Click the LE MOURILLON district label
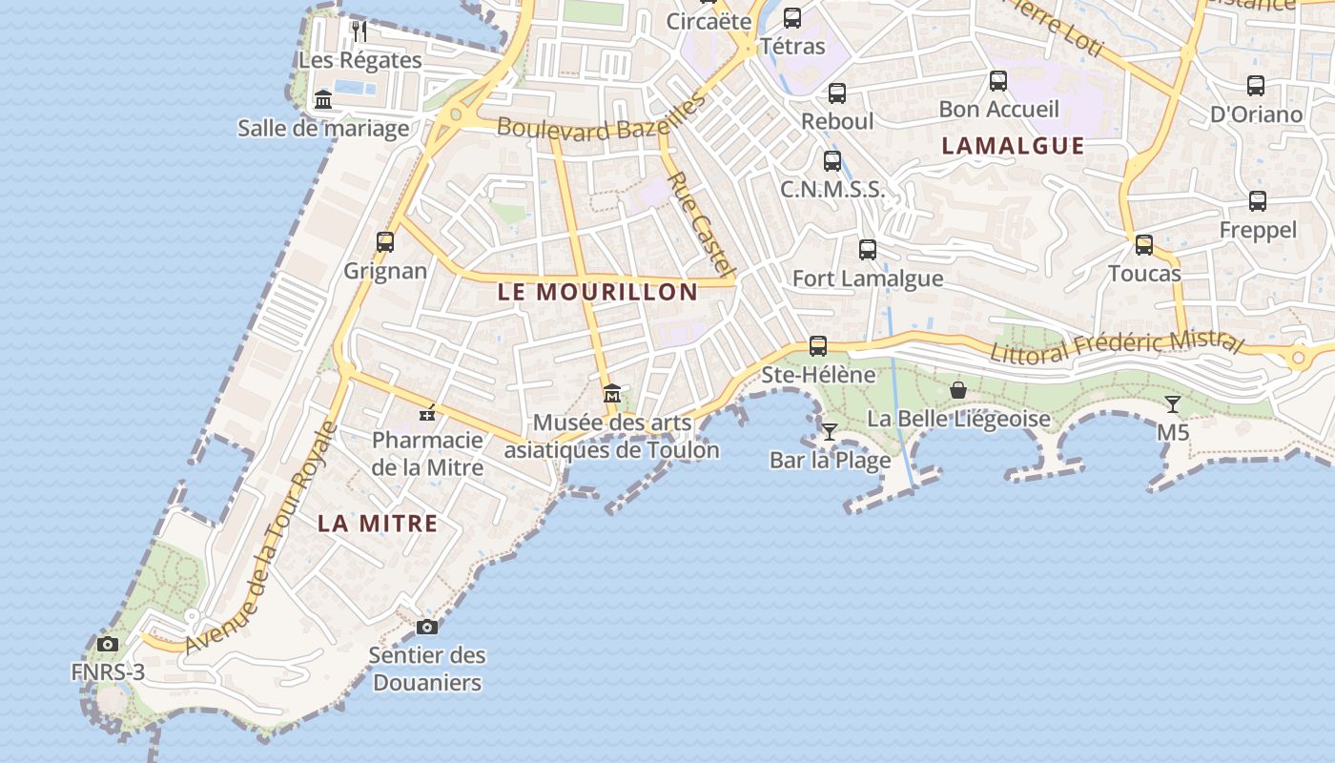[598, 293]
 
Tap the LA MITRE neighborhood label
[378, 524]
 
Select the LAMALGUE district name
[1013, 146]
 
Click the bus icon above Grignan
[385, 242]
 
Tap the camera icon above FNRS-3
[108, 644]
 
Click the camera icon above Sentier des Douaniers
[427, 627]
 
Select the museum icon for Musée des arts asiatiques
[611, 393]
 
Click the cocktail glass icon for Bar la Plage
[830, 432]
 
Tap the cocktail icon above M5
[1173, 404]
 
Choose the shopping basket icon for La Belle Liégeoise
[958, 390]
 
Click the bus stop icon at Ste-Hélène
[818, 346]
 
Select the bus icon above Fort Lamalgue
[868, 250]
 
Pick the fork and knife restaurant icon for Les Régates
[359, 31]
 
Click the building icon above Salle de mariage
[323, 99]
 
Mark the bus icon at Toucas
[1144, 245]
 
